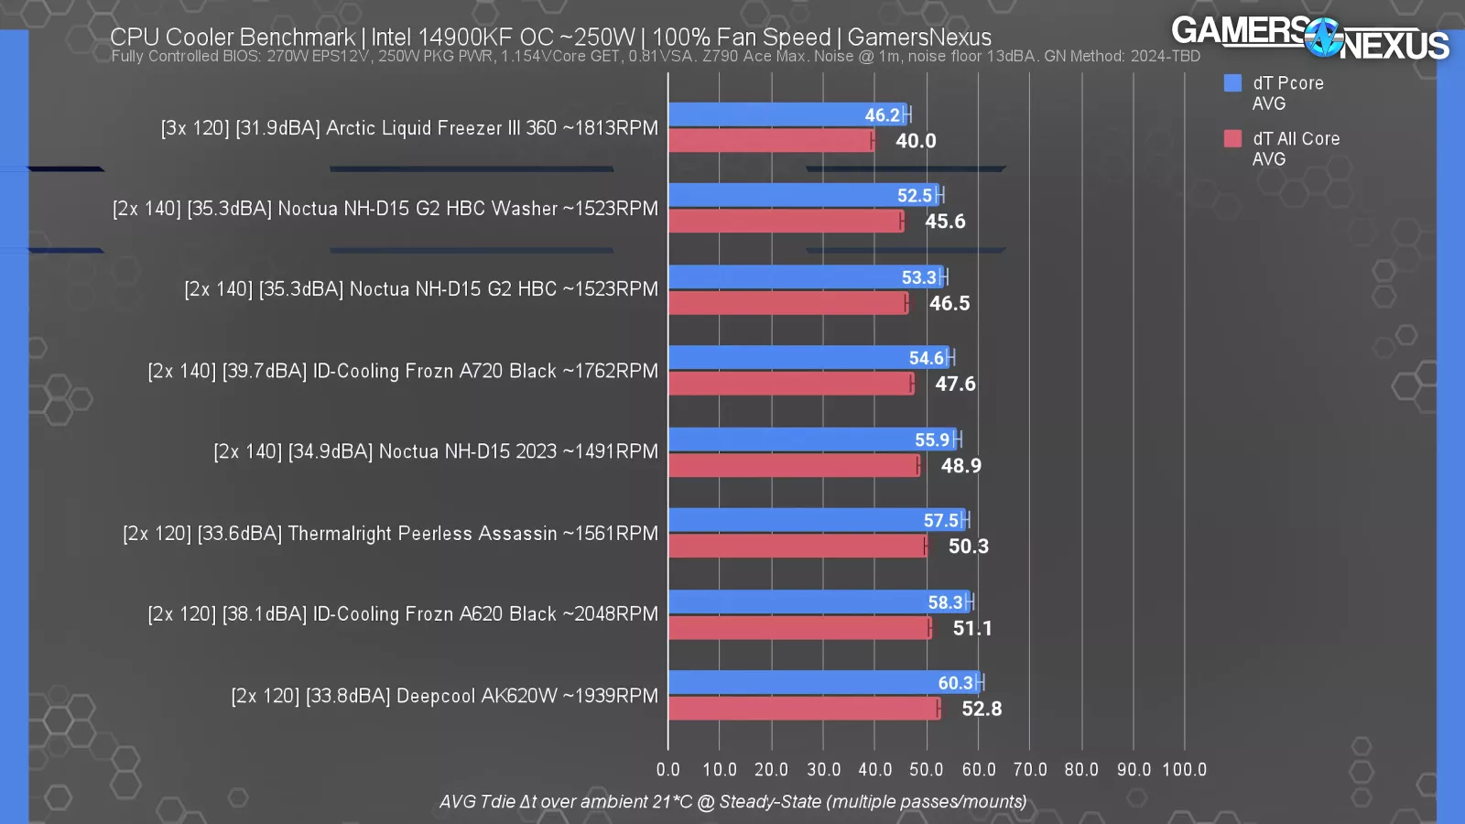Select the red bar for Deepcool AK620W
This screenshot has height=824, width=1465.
[804, 709]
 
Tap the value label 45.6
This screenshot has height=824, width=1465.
[945, 222]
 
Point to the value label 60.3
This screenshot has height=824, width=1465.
[955, 683]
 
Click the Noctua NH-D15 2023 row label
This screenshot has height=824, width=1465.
[435, 451]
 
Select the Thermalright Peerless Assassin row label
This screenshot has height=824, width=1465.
[390, 533]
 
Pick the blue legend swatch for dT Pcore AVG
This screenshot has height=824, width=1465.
[1232, 83]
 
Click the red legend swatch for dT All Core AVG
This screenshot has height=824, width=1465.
[1232, 138]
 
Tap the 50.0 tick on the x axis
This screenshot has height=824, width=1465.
[926, 770]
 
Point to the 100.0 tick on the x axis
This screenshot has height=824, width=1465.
[1184, 770]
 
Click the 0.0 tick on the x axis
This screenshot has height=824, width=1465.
[668, 770]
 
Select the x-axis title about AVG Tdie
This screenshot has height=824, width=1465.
[732, 802]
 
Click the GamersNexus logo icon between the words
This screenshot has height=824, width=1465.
[1323, 38]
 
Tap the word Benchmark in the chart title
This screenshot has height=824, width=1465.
[296, 38]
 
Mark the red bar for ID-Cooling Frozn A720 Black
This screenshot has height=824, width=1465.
[790, 384]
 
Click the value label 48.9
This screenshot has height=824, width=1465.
[960, 466]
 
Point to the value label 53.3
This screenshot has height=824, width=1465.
[918, 277]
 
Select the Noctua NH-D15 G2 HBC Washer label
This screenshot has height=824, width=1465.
[385, 209]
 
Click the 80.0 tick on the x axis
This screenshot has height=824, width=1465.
[1081, 770]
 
